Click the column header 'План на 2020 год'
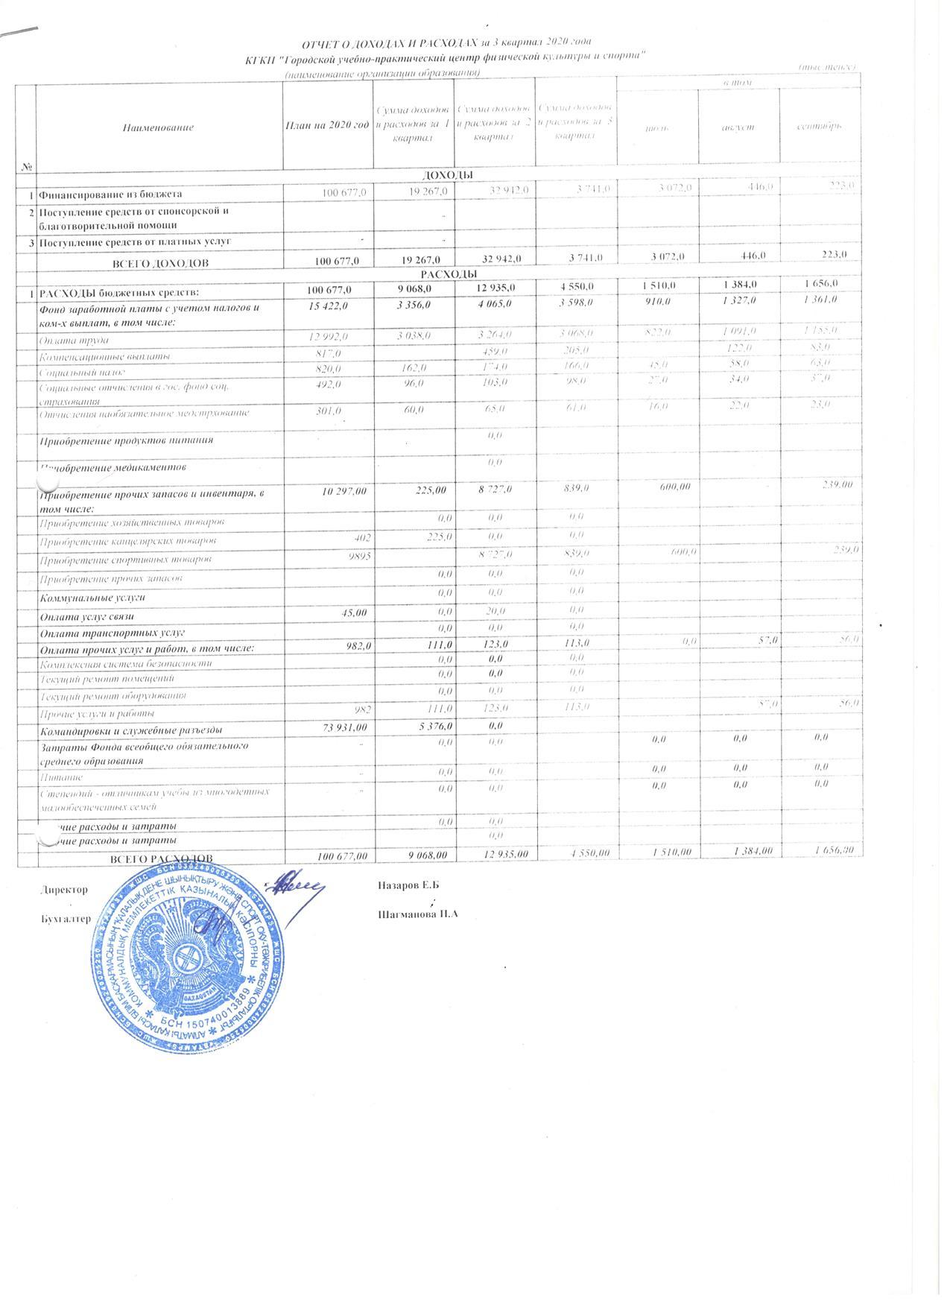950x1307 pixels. [x=328, y=127]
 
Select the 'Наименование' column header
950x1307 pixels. [x=159, y=127]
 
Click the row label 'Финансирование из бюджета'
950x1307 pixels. [x=110, y=194]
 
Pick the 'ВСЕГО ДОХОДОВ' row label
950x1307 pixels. [x=159, y=263]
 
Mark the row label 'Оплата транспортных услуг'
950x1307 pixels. [x=101, y=633]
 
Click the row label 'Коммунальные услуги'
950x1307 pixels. [x=92, y=598]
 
